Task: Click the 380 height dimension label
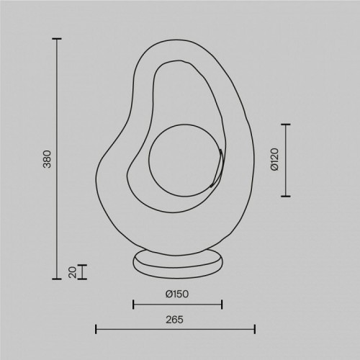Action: coord(48,158)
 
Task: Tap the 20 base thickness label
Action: coord(71,271)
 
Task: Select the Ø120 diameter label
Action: coord(274,160)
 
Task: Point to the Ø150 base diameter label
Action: coord(177,294)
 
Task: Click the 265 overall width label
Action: coord(177,318)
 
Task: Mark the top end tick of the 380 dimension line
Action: coord(58,39)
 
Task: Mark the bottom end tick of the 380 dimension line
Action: coord(58,279)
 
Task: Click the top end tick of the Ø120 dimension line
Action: coord(287,125)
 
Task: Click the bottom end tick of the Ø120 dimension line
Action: coord(287,195)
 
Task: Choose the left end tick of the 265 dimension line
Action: coord(96,330)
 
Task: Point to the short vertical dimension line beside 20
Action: coord(83,271)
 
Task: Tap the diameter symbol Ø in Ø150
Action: coord(168,294)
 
